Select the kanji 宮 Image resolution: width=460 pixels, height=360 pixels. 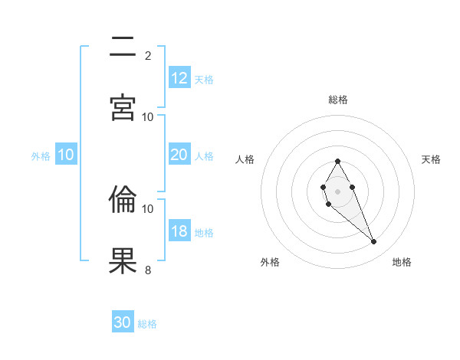coord(123,106)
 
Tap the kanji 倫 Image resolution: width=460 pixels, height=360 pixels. coord(123,200)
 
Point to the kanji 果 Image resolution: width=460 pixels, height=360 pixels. coord(123,260)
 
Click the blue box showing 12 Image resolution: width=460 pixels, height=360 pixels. coord(179,78)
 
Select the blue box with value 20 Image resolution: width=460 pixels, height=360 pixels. coord(179,155)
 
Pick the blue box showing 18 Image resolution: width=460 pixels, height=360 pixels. coord(179,231)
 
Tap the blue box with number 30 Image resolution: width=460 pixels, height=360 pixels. coord(123,322)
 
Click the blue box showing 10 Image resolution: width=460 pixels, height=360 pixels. coord(66,155)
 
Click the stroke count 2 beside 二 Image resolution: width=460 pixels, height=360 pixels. coord(148,55)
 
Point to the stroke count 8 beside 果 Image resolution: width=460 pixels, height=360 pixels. coord(148,270)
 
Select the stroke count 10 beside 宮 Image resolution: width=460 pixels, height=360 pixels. coord(148,116)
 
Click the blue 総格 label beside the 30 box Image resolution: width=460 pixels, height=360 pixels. coord(147,324)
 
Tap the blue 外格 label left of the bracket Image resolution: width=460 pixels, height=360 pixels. coord(41,156)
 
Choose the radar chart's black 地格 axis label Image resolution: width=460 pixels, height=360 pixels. coord(402,262)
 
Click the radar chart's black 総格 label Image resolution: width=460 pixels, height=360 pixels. coord(338,100)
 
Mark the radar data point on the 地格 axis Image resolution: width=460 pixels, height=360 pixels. coord(373,242)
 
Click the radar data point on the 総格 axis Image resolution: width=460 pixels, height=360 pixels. coord(337,161)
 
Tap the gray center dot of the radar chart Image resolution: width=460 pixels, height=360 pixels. coord(337,191)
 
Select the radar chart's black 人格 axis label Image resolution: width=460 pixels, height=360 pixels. coord(245,159)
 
